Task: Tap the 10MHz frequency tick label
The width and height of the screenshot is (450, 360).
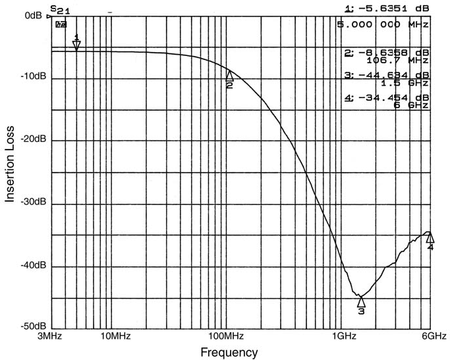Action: click(x=115, y=336)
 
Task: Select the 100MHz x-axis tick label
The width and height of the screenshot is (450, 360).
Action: click(x=228, y=336)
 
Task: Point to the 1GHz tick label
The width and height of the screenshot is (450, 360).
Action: click(x=341, y=336)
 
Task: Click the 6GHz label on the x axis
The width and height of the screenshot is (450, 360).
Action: click(x=434, y=336)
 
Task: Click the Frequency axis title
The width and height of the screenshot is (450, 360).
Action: click(x=229, y=353)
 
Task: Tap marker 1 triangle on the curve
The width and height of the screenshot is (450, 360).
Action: click(x=76, y=45)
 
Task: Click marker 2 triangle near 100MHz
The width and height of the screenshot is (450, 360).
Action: click(x=229, y=75)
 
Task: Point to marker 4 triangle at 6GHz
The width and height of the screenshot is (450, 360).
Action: click(x=430, y=237)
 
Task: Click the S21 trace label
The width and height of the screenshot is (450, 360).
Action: click(x=59, y=11)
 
